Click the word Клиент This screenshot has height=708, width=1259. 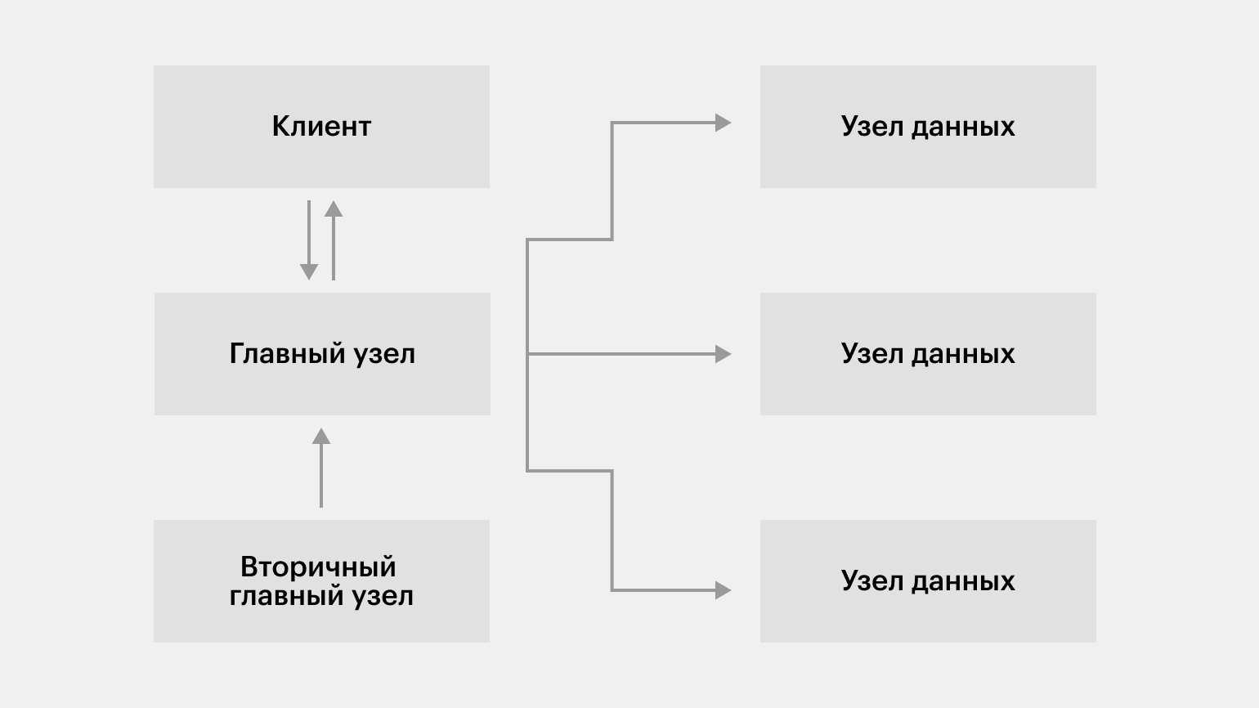[321, 127]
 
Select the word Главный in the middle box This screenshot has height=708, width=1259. [287, 354]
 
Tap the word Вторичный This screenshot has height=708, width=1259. [318, 567]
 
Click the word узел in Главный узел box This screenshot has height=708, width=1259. [385, 355]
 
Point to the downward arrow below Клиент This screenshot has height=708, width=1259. [308, 240]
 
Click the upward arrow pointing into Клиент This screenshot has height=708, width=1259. [334, 240]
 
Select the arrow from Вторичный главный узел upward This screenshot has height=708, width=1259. [321, 468]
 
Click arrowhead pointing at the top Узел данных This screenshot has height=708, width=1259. [723, 123]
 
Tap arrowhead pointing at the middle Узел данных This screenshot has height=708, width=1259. [723, 354]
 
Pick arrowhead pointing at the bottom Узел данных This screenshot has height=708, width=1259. [723, 590]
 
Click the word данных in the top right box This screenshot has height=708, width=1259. [963, 128]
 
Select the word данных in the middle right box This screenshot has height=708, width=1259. [963, 355]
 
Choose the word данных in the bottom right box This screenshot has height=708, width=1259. [963, 582]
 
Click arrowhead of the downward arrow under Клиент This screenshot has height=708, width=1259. [308, 272]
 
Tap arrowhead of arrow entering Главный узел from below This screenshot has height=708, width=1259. [321, 436]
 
